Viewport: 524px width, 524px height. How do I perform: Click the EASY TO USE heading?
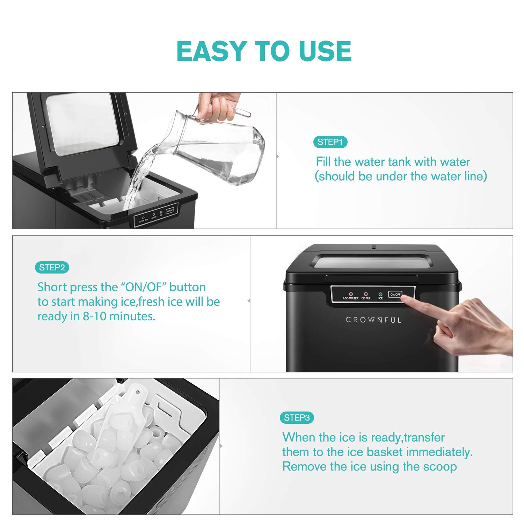pos(264,51)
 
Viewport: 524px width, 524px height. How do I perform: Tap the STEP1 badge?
pos(330,142)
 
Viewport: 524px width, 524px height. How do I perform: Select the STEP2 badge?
pos(52,268)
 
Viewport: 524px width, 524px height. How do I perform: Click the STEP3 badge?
pos(297,418)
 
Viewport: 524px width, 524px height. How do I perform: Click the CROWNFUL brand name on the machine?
pos(373,320)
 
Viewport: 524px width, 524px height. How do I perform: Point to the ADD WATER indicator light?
pos(351,294)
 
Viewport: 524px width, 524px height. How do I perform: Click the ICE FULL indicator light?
pos(366,294)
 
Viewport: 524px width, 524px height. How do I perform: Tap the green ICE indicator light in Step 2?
pos(380,294)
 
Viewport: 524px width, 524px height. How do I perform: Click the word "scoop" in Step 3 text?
pos(440,467)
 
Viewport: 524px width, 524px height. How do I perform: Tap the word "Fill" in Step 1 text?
pos(323,162)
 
